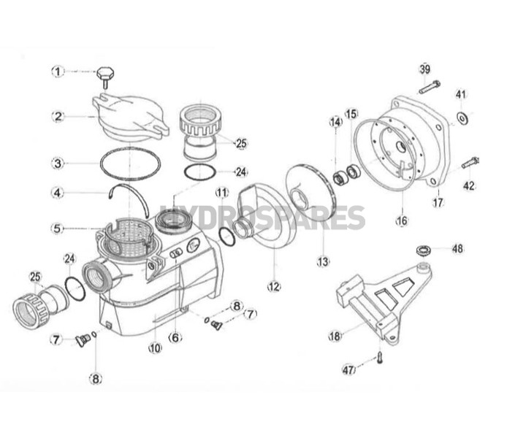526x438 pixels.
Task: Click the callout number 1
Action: tap(58, 72)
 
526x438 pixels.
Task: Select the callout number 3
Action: tap(58, 164)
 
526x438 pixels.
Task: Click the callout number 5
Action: tap(58, 228)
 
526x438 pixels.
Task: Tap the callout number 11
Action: tap(222, 193)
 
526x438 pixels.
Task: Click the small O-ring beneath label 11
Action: tap(226, 237)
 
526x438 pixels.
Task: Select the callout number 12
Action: tap(274, 287)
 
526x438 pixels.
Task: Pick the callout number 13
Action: tap(323, 262)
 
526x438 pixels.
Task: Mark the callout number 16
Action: tap(402, 220)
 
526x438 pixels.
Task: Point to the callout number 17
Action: tap(438, 202)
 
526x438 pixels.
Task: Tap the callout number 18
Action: tap(335, 336)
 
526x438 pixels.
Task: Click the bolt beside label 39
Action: tap(430, 86)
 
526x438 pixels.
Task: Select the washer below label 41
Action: tap(462, 118)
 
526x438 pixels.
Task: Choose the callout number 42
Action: tap(469, 185)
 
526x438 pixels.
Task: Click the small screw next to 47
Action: tap(379, 358)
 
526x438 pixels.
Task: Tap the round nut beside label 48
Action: tap(423, 250)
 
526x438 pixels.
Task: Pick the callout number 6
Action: tap(175, 338)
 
